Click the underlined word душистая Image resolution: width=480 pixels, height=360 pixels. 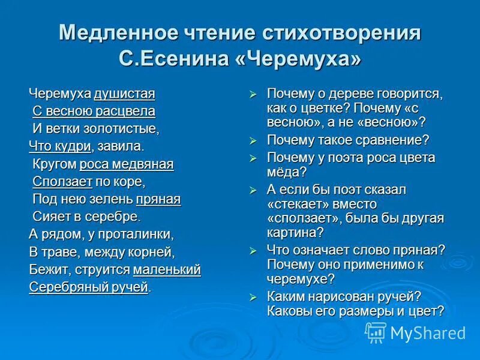coord(124,94)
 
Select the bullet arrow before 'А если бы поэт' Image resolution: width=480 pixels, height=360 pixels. coord(253,190)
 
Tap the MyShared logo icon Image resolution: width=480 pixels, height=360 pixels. coord(376,332)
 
